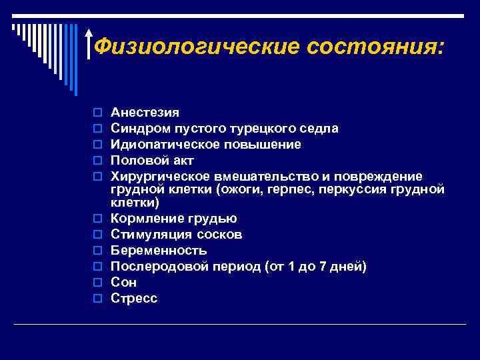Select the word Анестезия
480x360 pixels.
[145, 112]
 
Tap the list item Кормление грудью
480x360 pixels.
[173, 219]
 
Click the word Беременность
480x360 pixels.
[159, 251]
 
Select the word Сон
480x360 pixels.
[124, 283]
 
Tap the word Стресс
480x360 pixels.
[134, 299]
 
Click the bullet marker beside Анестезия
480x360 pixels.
[97, 113]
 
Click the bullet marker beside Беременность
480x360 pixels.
[97, 251]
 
